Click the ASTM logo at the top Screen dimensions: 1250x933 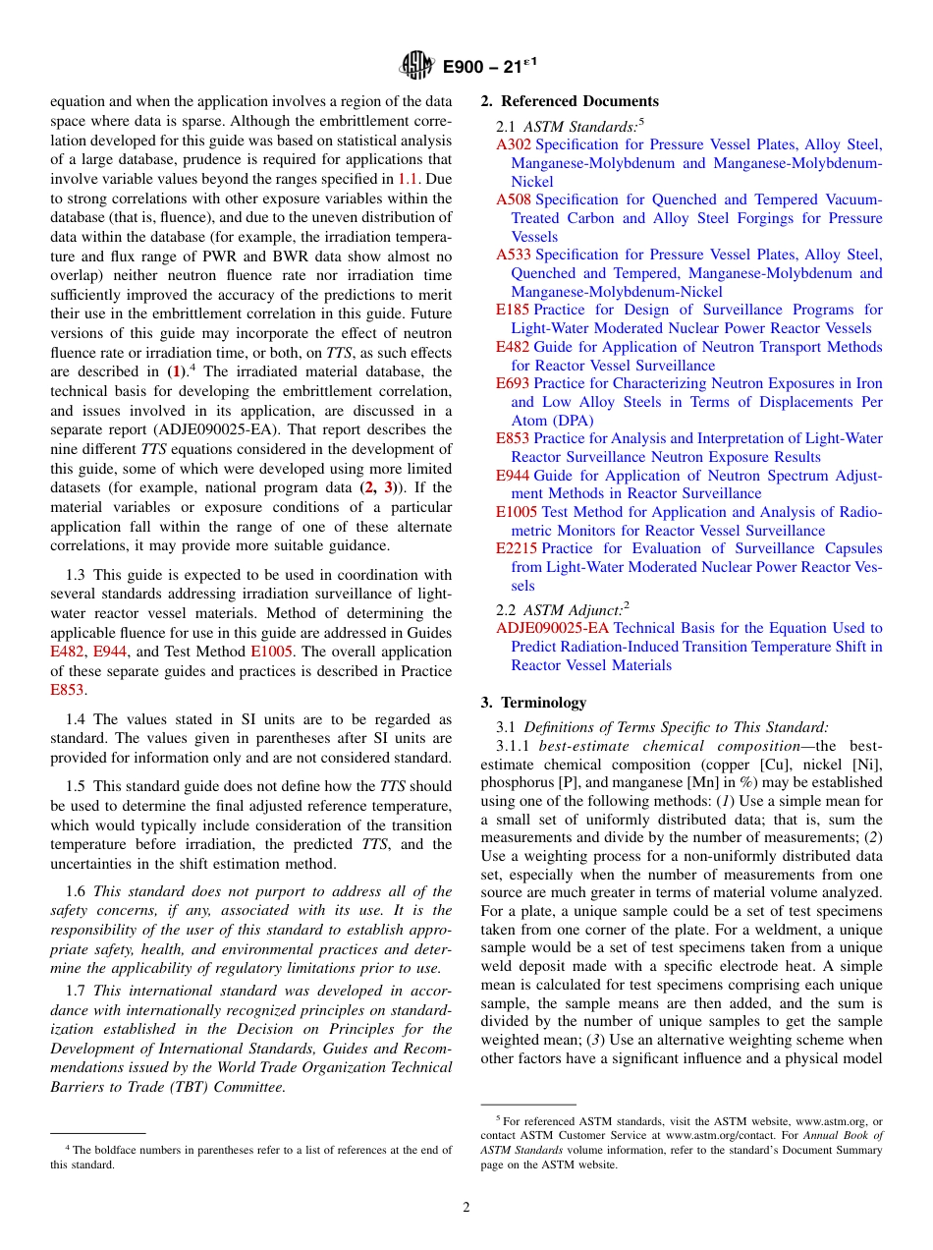pos(417,66)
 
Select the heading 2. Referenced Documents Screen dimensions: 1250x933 pos(570,101)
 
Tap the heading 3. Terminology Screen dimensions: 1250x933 pos(533,703)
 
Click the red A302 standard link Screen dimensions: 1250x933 pos(514,144)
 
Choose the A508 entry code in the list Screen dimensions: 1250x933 pos(514,199)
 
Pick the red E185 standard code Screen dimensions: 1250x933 pos(513,310)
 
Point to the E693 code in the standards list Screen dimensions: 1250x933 pos(513,383)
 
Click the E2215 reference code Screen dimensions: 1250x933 pos(517,548)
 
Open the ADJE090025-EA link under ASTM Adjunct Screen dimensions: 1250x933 pos(552,628)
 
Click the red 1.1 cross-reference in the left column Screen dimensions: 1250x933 pos(409,179)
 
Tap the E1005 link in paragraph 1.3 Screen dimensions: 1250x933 pos(269,651)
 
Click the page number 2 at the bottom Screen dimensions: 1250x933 pos(466,1208)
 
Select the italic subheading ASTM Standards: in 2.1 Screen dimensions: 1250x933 pos(579,126)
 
